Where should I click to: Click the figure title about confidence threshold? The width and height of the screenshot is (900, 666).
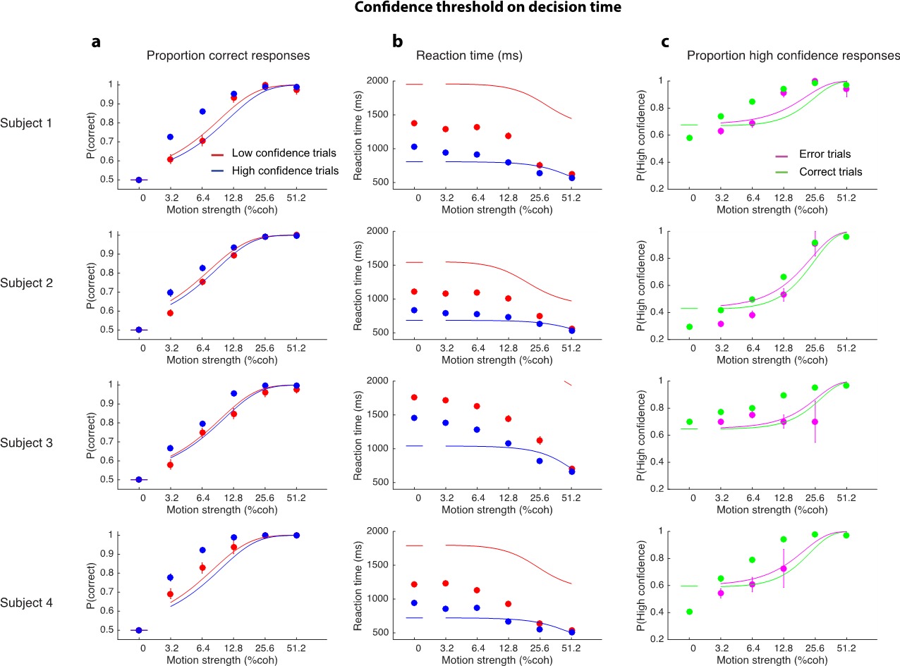point(450,9)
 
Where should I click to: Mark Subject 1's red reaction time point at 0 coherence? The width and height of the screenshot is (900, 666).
point(414,123)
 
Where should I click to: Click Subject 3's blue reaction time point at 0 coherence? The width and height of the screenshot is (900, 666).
point(414,418)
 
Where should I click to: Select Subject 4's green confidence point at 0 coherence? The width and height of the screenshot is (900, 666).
point(689,612)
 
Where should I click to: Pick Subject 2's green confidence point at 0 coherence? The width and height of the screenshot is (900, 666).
point(689,327)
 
